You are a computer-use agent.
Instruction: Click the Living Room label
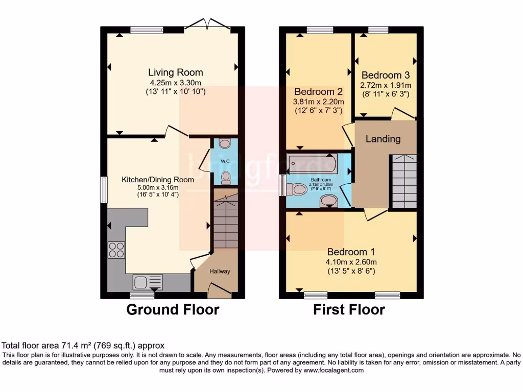(175, 72)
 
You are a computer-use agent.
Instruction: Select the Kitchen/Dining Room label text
(157, 180)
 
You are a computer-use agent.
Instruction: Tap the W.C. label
(225, 162)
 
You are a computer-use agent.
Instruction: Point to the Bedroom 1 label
(351, 252)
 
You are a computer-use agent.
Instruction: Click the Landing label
(383, 139)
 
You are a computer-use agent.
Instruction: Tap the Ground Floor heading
(173, 309)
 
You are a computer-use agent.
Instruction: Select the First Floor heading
(349, 309)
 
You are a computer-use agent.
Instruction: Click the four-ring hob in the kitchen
(116, 250)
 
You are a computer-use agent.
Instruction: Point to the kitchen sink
(148, 282)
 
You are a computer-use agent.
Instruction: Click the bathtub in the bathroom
(312, 163)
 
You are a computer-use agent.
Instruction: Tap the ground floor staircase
(225, 219)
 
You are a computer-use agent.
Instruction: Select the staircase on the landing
(404, 181)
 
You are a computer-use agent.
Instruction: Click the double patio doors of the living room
(207, 24)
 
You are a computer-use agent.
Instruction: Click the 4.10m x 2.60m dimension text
(351, 262)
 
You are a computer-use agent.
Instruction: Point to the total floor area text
(83, 346)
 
